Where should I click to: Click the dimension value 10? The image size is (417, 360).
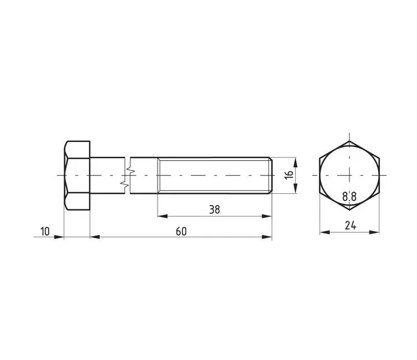point(45,232)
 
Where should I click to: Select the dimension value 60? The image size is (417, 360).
point(181,232)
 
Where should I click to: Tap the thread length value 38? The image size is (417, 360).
point(215,210)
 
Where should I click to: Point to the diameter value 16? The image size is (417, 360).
point(289,174)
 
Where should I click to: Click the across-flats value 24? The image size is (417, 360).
point(350,226)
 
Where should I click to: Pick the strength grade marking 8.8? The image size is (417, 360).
point(349,197)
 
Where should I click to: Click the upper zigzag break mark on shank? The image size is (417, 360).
point(130,169)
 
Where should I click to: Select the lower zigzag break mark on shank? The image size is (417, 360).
point(125,184)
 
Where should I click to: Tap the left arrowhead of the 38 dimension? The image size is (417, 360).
point(163,216)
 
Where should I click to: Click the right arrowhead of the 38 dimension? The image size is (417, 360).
point(267,216)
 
